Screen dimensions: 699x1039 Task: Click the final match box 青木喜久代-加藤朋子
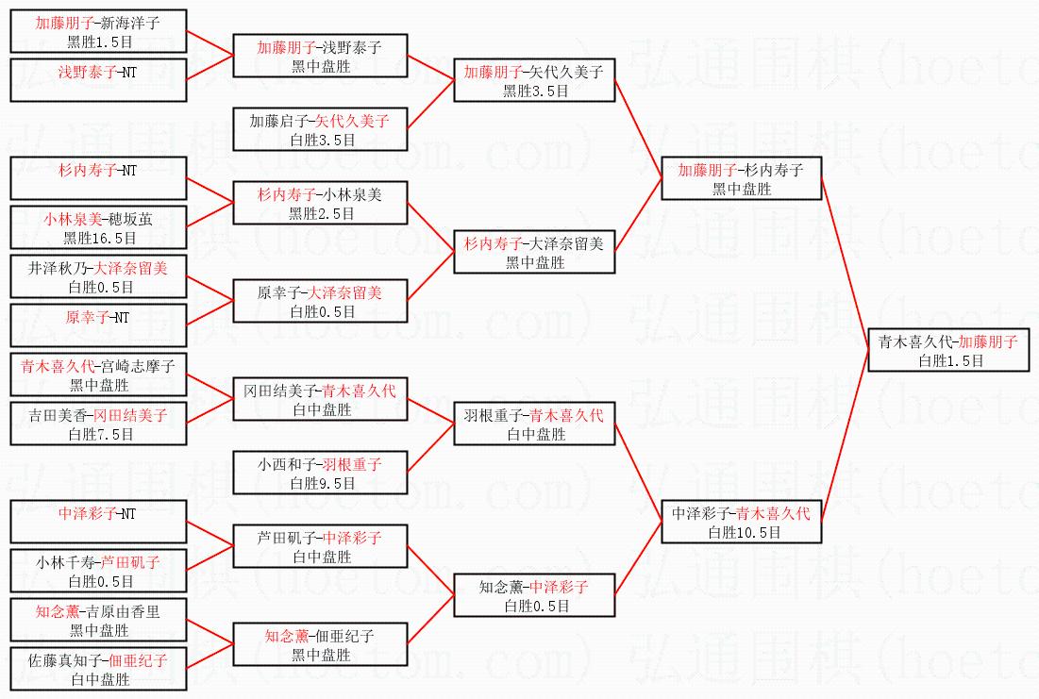pyautogui.click(x=947, y=350)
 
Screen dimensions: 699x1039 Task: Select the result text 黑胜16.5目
pyautogui.click(x=99, y=238)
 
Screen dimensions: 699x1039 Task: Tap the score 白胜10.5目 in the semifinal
pyautogui.click(x=741, y=532)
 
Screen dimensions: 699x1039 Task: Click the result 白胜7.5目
pyautogui.click(x=99, y=434)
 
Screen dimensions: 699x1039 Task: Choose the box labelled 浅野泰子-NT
pyautogui.click(x=99, y=79)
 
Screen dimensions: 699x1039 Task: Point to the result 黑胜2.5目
pyautogui.click(x=322, y=213)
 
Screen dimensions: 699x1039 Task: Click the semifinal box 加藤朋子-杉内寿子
pyautogui.click(x=741, y=178)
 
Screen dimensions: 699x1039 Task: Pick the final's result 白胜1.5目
pyautogui.click(x=947, y=360)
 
